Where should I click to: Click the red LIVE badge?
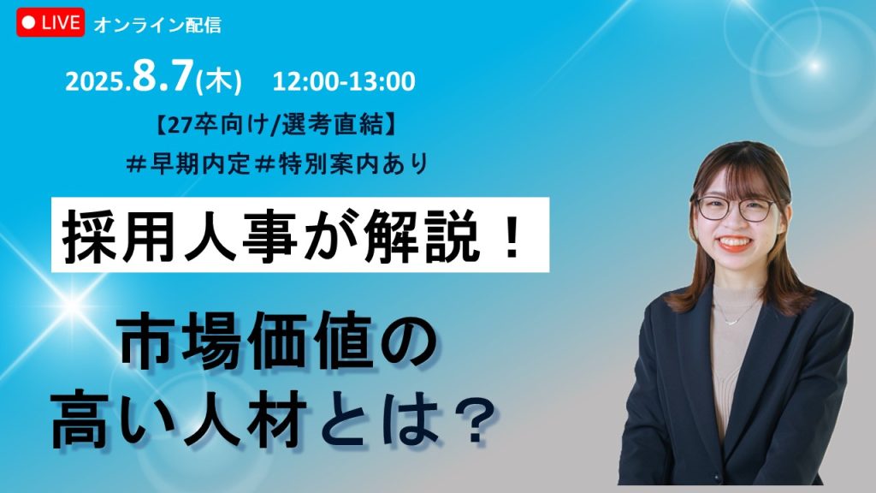pos(50,22)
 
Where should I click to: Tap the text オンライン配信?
pos(157,25)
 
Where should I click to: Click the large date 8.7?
pos(163,76)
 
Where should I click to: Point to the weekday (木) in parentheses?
pos(219,81)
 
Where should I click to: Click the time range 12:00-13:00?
pos(344,81)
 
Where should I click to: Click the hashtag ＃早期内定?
pos(188,163)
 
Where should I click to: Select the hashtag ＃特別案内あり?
pos(341,163)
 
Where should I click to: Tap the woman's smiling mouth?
pos(734,242)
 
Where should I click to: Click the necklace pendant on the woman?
pos(731,322)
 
